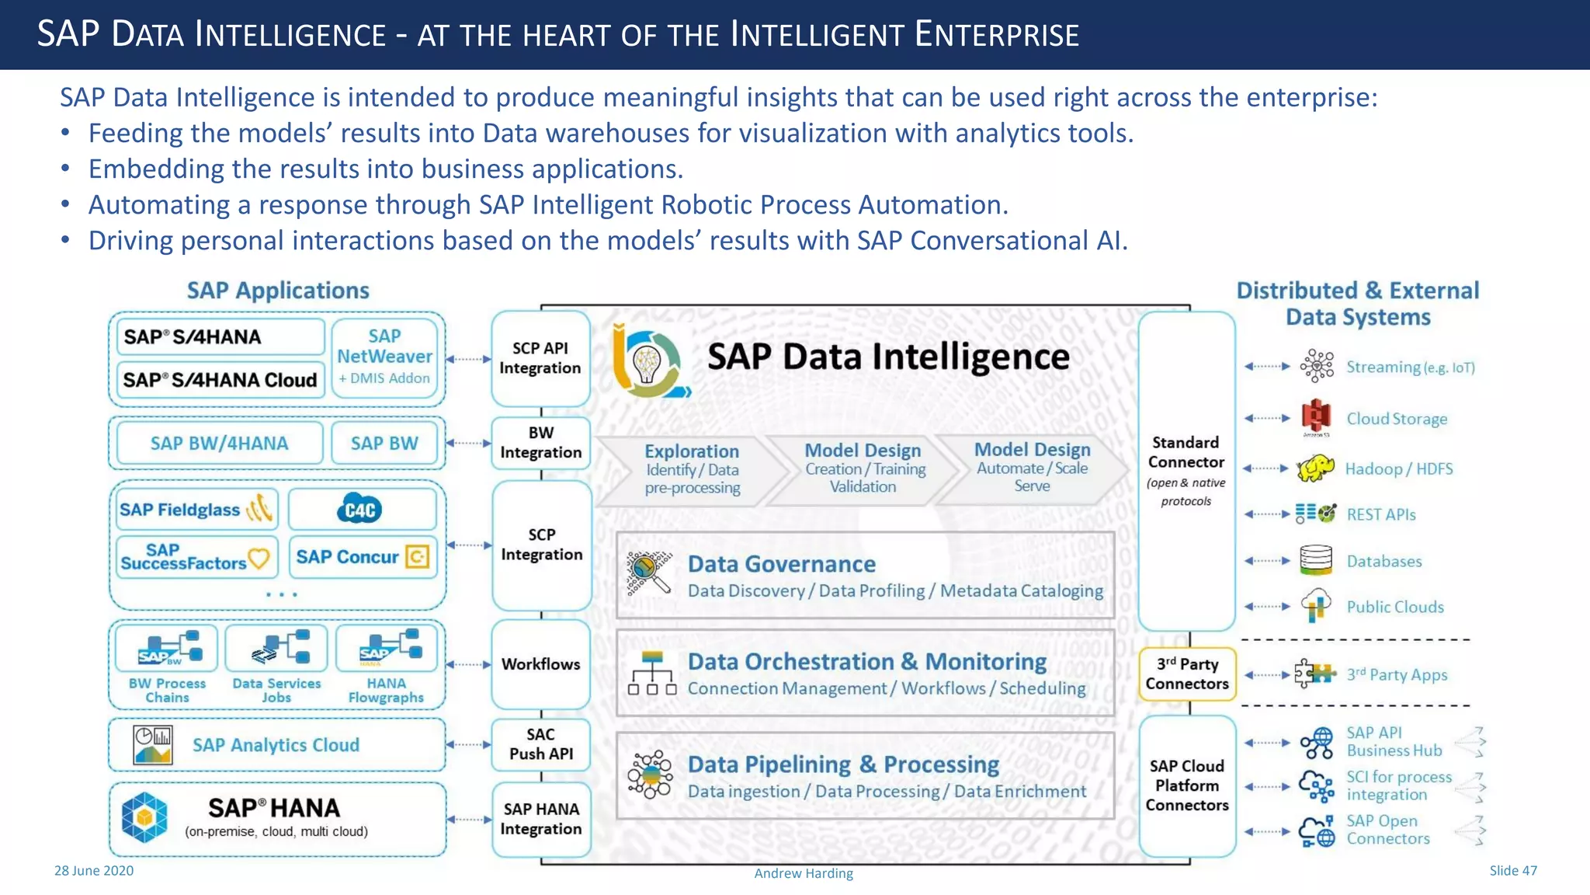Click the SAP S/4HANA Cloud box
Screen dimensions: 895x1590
pos(220,380)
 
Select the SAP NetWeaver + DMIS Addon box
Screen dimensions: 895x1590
pos(384,357)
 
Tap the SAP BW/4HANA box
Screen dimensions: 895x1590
pos(219,443)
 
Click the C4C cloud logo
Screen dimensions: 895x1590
pos(360,510)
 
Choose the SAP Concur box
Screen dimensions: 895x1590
pos(363,557)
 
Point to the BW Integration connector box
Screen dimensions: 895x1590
pos(540,443)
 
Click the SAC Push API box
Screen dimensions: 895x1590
pos(540,744)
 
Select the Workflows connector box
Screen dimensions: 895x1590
pos(540,664)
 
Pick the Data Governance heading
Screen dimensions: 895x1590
pos(781,564)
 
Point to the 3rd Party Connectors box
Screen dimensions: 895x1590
pos(1186,674)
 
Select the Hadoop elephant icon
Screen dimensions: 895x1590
pos(1315,468)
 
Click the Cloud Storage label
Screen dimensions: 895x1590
pos(1397,419)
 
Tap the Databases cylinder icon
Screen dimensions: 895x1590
pos(1315,560)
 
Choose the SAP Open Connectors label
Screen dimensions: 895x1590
pos(1388,830)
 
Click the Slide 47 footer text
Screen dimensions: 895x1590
pos(1512,871)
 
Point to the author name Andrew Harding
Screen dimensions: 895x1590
pos(804,873)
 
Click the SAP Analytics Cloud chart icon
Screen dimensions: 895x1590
pos(153,745)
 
